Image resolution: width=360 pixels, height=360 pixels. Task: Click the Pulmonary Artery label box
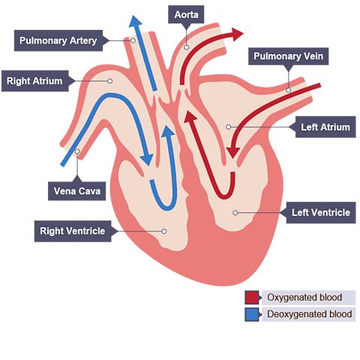[58, 40]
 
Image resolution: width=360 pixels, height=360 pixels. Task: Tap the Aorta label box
[186, 14]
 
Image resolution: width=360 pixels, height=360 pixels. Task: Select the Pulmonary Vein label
[288, 56]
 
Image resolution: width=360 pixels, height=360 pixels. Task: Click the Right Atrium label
[35, 81]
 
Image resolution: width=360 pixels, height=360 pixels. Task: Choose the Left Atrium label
[325, 127]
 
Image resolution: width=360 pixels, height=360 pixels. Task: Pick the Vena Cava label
[77, 191]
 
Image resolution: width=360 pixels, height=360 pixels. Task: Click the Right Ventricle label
[73, 231]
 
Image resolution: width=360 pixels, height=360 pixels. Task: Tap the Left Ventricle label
[321, 212]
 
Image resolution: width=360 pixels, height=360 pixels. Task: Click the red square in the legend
[252, 298]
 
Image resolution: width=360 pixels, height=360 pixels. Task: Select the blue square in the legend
[252, 314]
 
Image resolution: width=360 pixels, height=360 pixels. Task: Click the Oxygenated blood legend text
[304, 298]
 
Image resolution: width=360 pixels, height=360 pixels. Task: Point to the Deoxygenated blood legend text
[310, 314]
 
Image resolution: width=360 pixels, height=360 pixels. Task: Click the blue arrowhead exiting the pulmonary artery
[135, 22]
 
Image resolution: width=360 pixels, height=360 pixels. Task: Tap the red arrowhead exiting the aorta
[237, 34]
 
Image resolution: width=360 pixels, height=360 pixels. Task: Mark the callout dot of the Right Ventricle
[164, 231]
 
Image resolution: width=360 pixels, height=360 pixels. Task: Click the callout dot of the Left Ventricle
[235, 213]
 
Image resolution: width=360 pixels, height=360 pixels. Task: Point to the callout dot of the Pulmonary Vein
[289, 90]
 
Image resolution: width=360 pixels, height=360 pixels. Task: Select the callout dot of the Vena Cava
[77, 151]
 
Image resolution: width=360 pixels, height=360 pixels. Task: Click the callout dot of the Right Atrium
[109, 81]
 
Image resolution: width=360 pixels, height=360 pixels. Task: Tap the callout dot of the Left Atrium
[228, 127]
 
